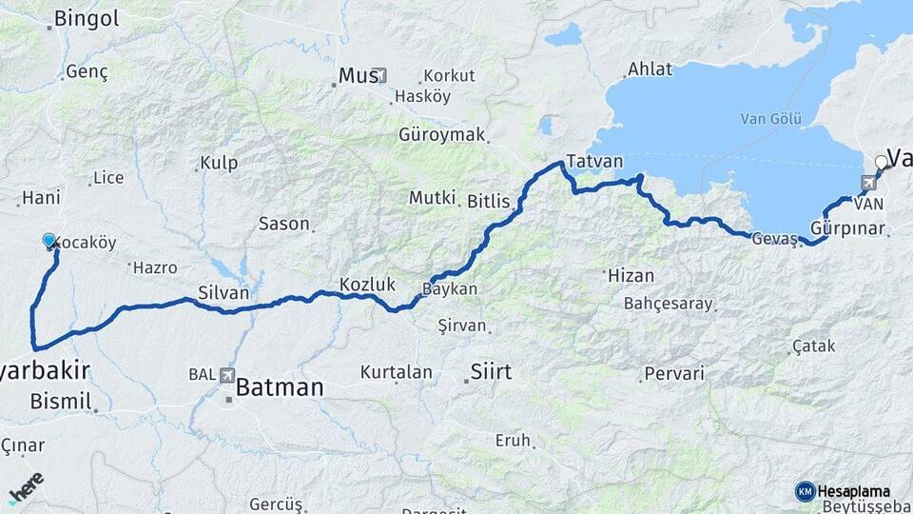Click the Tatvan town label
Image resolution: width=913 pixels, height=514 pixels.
(x=593, y=160)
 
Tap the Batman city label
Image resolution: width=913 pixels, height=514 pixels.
(x=279, y=387)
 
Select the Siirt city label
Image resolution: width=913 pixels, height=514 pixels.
(x=491, y=371)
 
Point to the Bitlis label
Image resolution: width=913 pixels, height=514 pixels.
(x=489, y=201)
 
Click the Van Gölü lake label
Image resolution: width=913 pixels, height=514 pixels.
(x=771, y=119)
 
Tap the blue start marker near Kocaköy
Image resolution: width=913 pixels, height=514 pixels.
(x=50, y=241)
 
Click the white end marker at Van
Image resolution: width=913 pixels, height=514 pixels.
(x=881, y=163)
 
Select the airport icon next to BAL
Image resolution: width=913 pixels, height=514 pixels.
(x=227, y=375)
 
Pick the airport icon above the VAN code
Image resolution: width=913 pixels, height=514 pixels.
(x=867, y=183)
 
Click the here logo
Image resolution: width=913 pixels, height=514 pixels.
(x=26, y=487)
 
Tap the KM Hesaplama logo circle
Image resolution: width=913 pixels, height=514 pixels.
(x=805, y=491)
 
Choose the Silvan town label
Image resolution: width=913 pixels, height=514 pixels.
(x=223, y=292)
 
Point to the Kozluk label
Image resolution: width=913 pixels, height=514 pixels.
(x=366, y=284)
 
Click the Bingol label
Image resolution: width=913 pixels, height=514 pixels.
(x=86, y=18)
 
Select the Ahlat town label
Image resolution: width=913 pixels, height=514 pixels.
(x=650, y=69)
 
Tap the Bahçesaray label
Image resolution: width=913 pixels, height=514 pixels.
(x=668, y=304)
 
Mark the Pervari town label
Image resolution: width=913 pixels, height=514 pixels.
(x=674, y=373)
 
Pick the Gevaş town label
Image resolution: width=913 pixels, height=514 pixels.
(x=773, y=239)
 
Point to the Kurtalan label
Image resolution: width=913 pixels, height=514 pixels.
(x=396, y=372)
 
